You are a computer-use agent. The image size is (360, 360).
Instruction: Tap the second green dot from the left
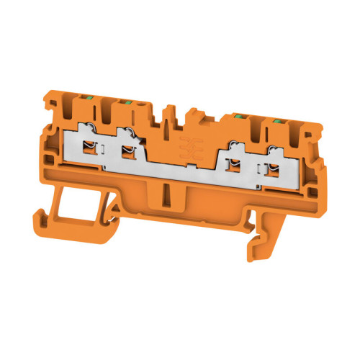tap(127, 104)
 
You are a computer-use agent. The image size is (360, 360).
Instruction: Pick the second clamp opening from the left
tap(130, 151)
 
